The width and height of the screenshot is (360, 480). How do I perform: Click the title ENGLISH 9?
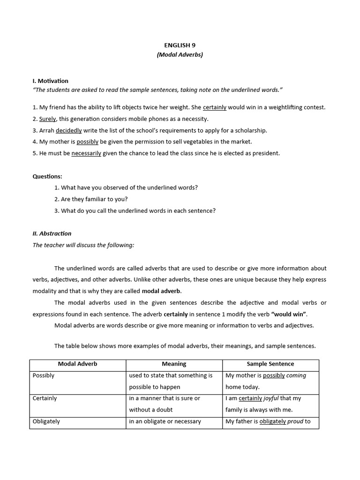tap(180, 45)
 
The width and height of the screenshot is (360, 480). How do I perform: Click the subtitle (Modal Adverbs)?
tap(180, 55)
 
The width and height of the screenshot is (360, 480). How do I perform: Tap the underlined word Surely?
tap(47, 119)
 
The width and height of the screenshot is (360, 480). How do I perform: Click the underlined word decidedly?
tap(68, 130)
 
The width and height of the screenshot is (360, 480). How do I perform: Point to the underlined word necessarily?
tap(86, 153)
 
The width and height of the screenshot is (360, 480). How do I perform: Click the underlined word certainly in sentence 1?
tap(214, 107)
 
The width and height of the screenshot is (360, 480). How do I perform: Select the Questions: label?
tap(47, 176)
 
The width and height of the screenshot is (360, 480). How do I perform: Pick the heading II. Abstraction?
tap(52, 233)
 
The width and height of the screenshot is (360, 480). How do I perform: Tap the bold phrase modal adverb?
tap(161, 291)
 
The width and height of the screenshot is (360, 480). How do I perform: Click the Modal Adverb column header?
tap(77, 364)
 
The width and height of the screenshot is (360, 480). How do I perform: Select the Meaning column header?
tap(174, 364)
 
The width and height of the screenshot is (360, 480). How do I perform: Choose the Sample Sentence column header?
tap(270, 364)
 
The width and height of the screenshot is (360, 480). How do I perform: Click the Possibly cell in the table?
tap(44, 375)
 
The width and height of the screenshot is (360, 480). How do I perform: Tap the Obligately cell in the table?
tap(46, 421)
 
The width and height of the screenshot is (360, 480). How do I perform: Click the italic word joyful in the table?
tap(270, 398)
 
